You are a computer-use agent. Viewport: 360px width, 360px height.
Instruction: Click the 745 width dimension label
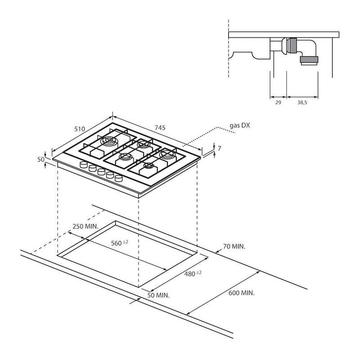[160, 127]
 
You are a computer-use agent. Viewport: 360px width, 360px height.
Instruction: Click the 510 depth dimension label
[80, 129]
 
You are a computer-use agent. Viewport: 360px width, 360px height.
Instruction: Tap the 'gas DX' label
[240, 126]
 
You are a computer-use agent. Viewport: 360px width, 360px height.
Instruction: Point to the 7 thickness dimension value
[219, 148]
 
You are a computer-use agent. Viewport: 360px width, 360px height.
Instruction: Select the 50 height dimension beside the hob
[40, 159]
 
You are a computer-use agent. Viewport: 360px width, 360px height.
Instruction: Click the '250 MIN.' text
[85, 226]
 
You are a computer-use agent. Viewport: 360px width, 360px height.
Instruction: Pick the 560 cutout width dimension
[119, 243]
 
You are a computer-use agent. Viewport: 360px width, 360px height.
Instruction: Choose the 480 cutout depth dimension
[193, 274]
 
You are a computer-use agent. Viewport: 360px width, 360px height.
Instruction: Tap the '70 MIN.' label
[234, 246]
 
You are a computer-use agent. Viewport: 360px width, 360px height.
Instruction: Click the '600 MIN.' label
[242, 293]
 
